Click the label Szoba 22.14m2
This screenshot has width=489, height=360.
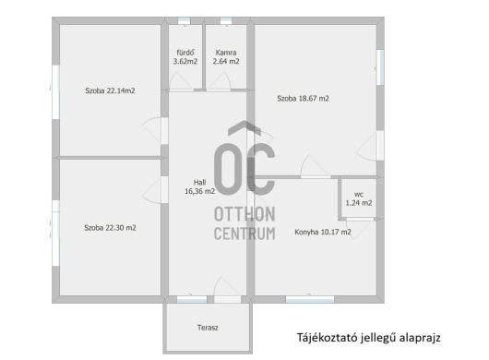[110, 90]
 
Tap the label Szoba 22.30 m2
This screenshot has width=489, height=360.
[110, 228]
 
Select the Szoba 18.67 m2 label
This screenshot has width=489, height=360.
[303, 99]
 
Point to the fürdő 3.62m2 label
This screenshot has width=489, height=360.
[185, 57]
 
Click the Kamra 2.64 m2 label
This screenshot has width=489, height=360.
[226, 57]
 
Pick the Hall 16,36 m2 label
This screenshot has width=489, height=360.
[199, 186]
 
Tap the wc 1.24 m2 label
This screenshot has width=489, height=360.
[359, 198]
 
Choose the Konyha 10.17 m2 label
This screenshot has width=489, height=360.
[323, 232]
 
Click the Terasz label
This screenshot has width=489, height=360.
[208, 328]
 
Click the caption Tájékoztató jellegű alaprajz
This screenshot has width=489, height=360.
[369, 338]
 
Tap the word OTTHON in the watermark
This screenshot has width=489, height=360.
[244, 214]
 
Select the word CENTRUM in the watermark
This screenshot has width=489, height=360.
[244, 234]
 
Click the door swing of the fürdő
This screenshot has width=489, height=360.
[181, 81]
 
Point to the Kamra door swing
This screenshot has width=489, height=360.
[220, 81]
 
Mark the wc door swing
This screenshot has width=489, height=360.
[360, 228]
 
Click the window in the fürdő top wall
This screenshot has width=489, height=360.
[184, 21]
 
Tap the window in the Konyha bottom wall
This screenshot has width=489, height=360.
[310, 299]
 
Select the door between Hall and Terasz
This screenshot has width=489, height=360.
[227, 290]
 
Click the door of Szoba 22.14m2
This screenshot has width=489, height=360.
[155, 130]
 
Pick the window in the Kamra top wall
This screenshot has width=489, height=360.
[226, 21]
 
